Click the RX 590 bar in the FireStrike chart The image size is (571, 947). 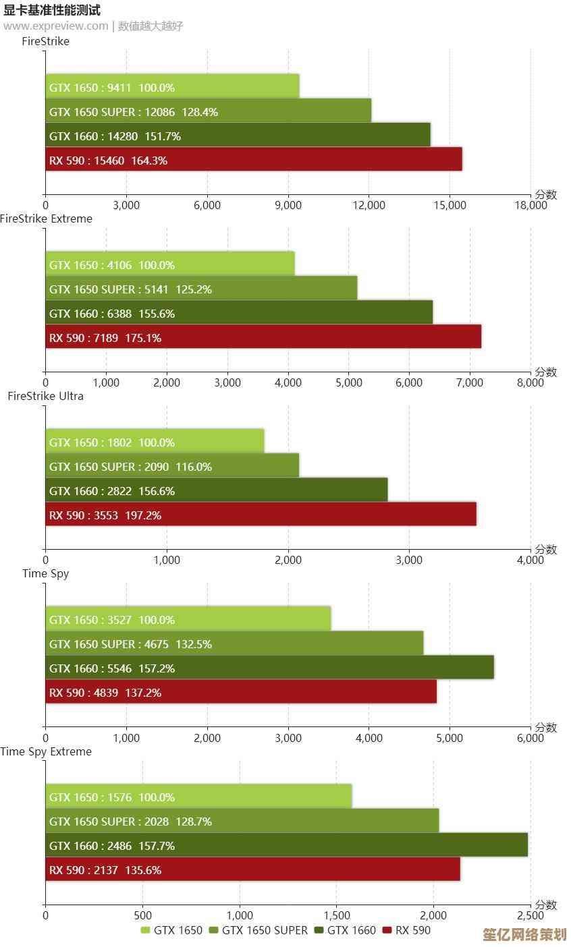tap(253, 160)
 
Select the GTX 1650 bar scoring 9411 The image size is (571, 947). tap(172, 87)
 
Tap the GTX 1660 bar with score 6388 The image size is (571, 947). tap(238, 313)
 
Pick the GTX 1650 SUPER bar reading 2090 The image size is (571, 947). tap(172, 466)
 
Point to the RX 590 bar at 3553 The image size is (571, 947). tap(261, 515)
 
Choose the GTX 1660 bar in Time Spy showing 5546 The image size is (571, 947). tap(269, 668)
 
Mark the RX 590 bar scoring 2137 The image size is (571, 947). tap(252, 869)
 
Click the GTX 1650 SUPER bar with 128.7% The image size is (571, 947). tap(242, 821)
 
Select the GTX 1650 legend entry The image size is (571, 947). tap(171, 931)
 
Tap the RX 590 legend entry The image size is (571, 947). tap(406, 931)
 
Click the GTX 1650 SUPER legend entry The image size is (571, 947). tap(258, 931)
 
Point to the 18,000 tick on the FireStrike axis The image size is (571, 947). tap(530, 206)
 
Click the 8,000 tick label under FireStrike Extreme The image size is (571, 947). tap(530, 383)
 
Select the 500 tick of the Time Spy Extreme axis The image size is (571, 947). tap(142, 915)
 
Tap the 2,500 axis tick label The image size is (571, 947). tap(530, 915)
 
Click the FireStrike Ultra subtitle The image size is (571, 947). tap(46, 396)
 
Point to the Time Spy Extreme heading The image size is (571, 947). tap(46, 751)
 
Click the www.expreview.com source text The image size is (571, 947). tap(55, 26)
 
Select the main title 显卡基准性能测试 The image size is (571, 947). tap(52, 10)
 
